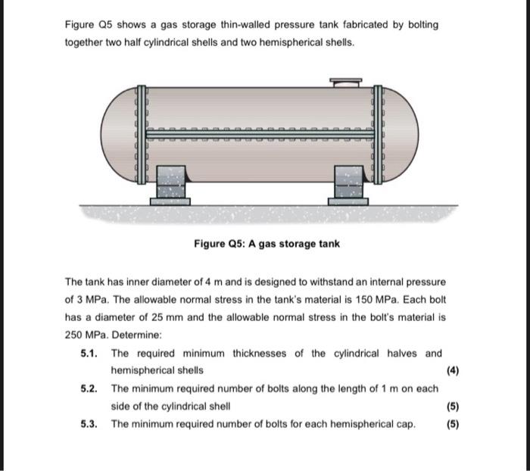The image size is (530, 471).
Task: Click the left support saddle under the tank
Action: pyautogui.click(x=170, y=186)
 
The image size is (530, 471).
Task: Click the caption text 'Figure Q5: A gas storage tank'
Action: pyautogui.click(x=267, y=244)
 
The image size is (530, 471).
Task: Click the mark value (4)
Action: pyautogui.click(x=453, y=371)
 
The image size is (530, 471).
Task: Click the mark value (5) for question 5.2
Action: pyautogui.click(x=453, y=406)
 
